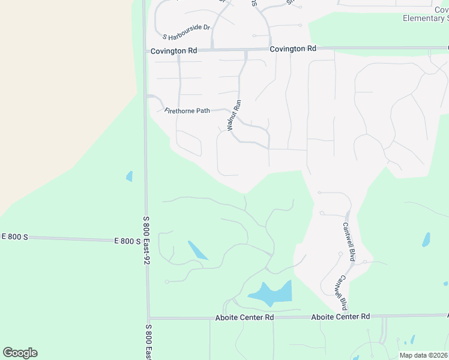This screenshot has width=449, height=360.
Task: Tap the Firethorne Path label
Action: (x=187, y=110)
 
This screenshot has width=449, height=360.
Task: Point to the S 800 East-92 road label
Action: (x=146, y=241)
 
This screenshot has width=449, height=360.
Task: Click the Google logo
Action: (x=20, y=353)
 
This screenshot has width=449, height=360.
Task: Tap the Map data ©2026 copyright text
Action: (x=424, y=355)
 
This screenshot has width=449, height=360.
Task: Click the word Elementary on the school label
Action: (x=423, y=18)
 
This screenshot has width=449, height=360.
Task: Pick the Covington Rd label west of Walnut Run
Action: (x=173, y=51)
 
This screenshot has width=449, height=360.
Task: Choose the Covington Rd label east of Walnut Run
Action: (x=293, y=49)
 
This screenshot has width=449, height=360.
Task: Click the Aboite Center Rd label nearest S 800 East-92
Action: (x=244, y=317)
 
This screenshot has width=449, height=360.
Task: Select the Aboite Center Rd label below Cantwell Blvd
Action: (x=340, y=316)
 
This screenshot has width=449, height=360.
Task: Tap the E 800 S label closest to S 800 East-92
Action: (x=127, y=241)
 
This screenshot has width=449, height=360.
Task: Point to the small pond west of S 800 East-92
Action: (x=129, y=176)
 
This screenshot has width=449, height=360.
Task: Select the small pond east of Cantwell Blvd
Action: (x=426, y=240)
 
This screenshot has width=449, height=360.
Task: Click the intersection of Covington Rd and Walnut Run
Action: (x=246, y=50)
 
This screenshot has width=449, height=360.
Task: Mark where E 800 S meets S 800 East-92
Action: (x=145, y=240)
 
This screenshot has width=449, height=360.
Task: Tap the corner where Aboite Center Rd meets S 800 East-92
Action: (x=148, y=318)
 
